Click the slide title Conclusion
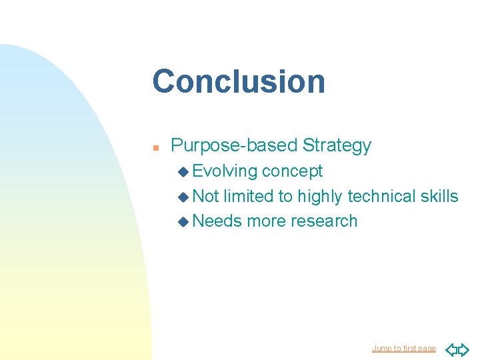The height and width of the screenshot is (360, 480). coord(239,81)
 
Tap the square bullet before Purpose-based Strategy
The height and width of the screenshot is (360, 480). coord(155,147)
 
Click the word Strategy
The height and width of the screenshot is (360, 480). coord(337,145)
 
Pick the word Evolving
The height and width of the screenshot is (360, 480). coord(225,171)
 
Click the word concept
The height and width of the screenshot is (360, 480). coord(292,171)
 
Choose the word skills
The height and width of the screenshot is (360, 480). coord(439,196)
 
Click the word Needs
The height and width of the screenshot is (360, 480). coord(217,221)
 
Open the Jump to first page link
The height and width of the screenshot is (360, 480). coord(403,349)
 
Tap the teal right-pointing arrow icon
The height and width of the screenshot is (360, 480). coord(463,349)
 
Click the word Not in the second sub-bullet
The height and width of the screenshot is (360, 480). coord(205,196)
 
